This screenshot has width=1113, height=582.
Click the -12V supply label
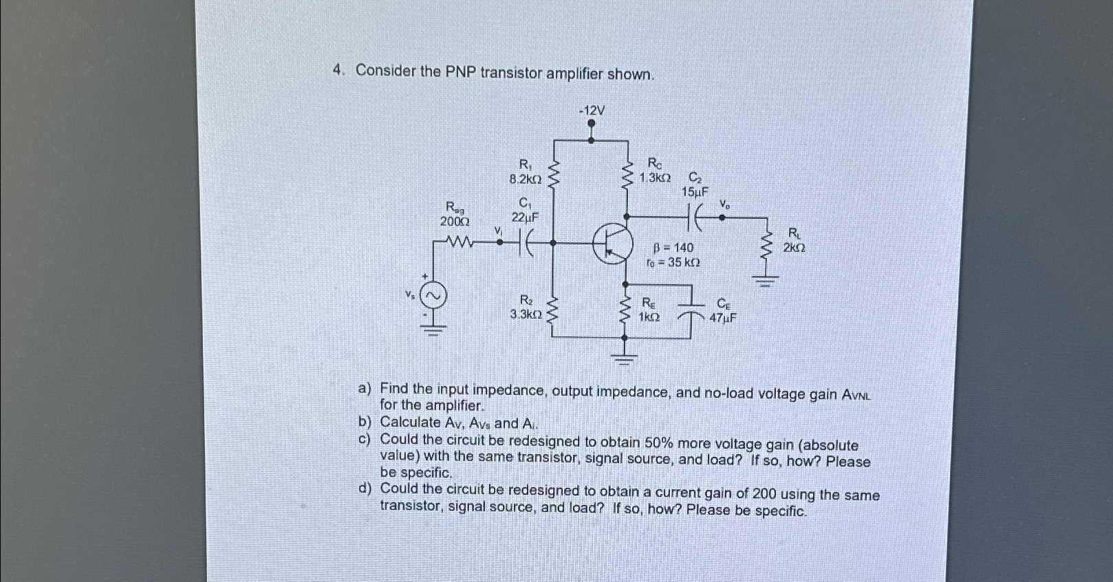tap(592, 111)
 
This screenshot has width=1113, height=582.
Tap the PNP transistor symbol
tap(613, 243)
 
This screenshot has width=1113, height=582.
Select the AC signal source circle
tap(434, 297)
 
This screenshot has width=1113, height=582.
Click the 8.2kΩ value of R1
tap(526, 180)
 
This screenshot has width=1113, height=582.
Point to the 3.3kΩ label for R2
tap(526, 314)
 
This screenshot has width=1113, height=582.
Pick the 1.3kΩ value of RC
tap(654, 177)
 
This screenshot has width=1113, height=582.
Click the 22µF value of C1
tap(525, 217)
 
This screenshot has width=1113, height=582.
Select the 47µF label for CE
tap(723, 318)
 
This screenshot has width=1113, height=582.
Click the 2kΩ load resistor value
tap(795, 248)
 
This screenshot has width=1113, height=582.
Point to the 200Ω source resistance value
tap(455, 221)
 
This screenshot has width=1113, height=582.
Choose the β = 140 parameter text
tap(673, 248)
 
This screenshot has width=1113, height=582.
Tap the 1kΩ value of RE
tap(649, 317)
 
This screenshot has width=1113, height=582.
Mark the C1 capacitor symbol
tap(526, 241)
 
